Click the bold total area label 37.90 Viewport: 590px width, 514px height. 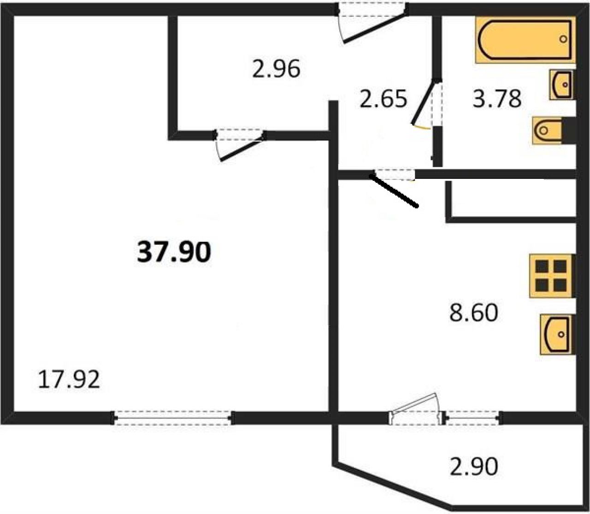[x=174, y=252]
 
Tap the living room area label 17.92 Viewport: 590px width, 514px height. [x=69, y=379]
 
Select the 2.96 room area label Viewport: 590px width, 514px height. [x=276, y=69]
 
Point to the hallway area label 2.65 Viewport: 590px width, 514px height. [x=383, y=99]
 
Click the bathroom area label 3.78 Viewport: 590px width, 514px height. [x=497, y=99]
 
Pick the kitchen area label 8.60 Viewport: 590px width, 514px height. [x=474, y=313]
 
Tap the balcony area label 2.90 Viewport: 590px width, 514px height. [x=474, y=466]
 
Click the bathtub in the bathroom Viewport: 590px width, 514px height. [x=525, y=40]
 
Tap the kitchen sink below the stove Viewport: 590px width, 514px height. [x=558, y=334]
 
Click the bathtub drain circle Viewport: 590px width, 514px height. [x=563, y=39]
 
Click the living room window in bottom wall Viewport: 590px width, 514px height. [x=173, y=418]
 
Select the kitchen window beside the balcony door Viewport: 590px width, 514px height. [x=473, y=418]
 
